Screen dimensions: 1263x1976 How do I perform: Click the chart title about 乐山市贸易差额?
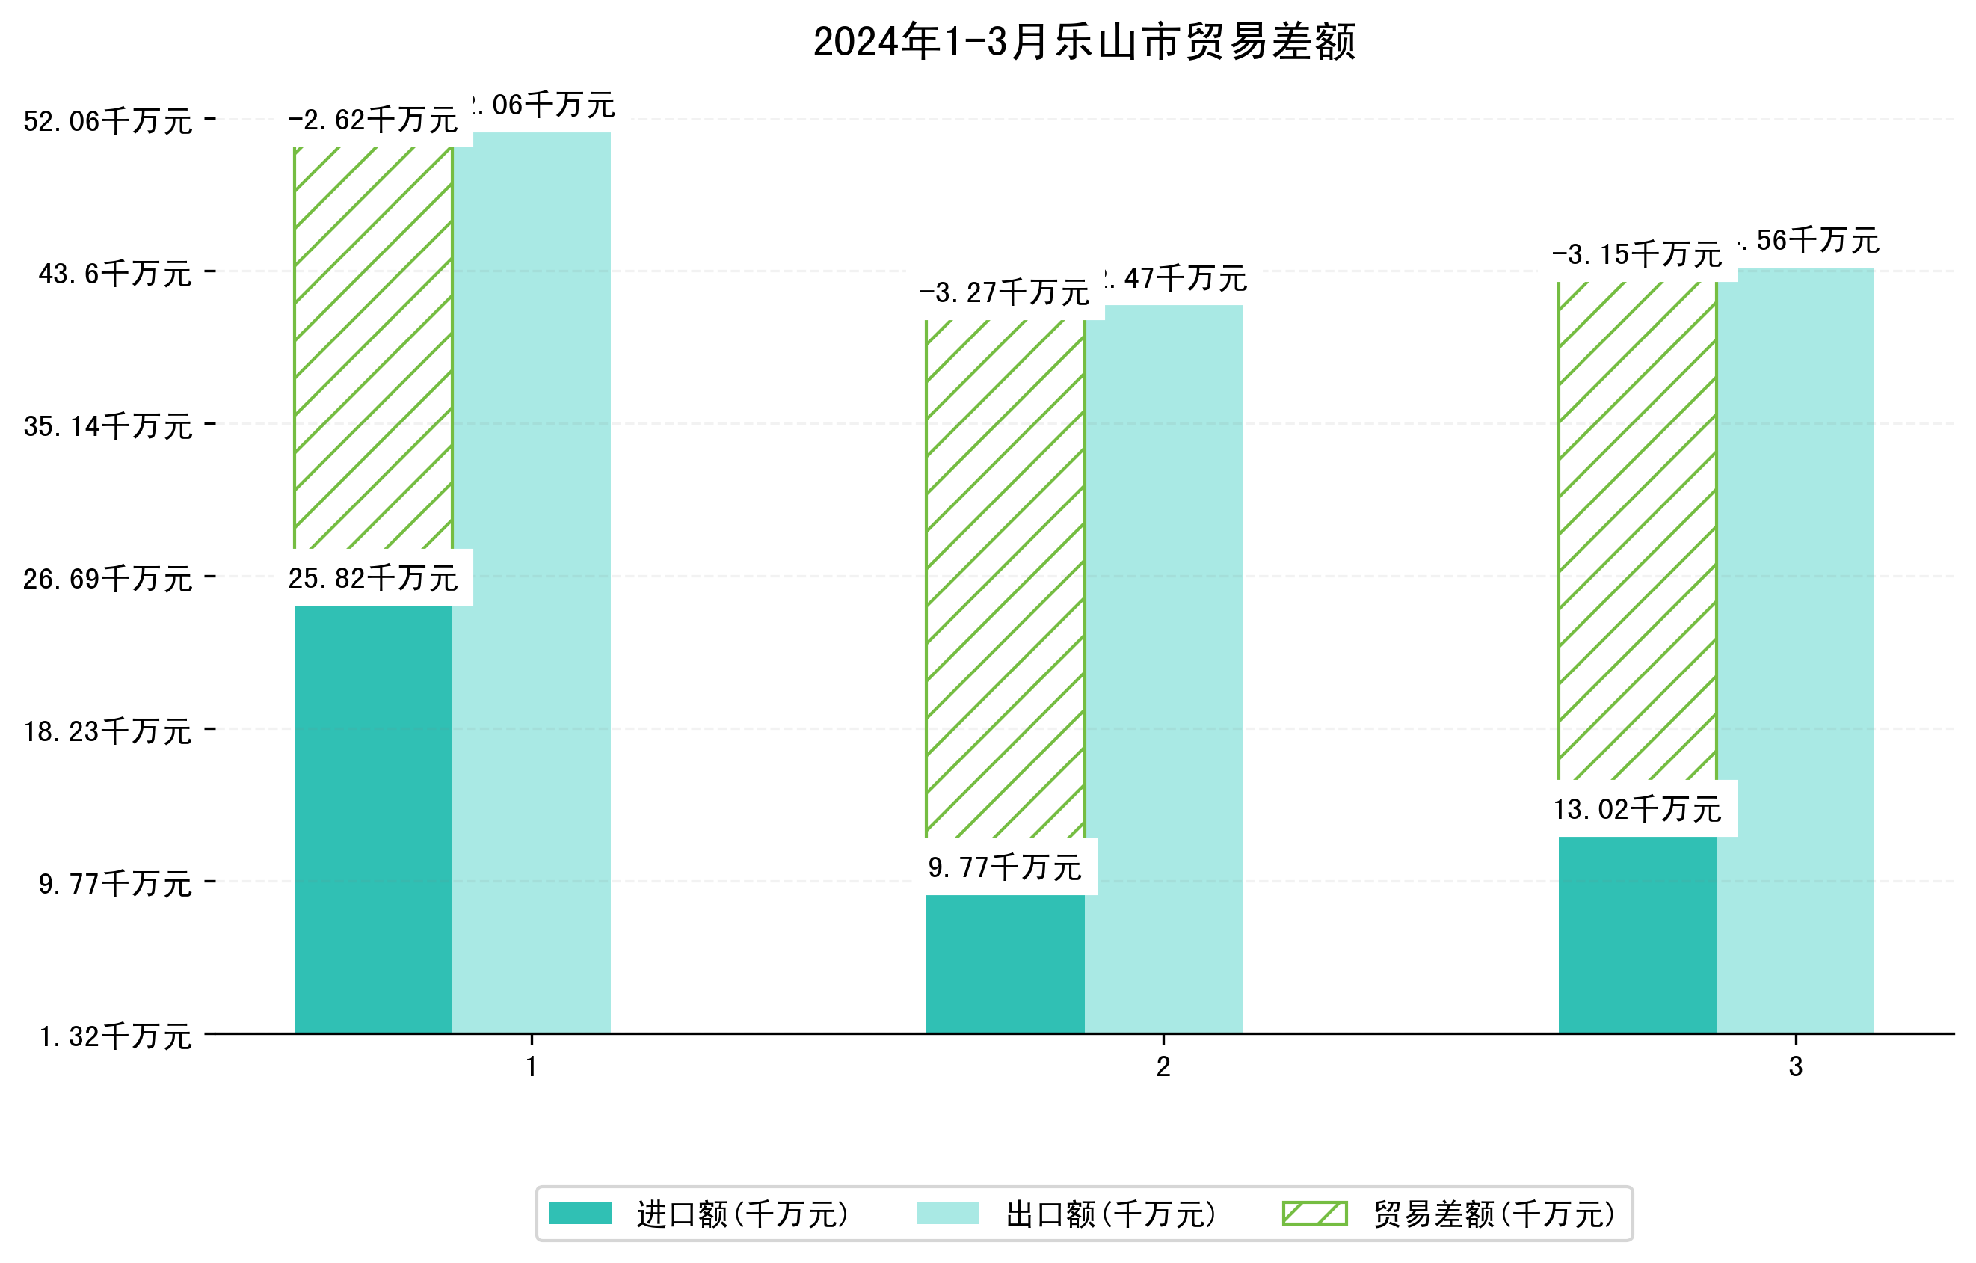click(1083, 42)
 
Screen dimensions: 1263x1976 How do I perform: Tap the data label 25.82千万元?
click(372, 578)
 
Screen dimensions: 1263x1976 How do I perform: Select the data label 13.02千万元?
click(1637, 809)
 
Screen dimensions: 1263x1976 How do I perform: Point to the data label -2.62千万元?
click(372, 120)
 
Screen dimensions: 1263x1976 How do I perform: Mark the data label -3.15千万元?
click(1637, 254)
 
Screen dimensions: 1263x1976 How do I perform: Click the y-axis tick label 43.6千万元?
click(115, 273)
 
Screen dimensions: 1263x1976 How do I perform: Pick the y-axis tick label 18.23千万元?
click(108, 731)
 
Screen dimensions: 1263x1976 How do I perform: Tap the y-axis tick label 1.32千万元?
click(115, 1036)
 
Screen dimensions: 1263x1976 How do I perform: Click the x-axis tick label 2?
click(1163, 1066)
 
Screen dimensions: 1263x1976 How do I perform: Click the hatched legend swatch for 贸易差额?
click(1314, 1213)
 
